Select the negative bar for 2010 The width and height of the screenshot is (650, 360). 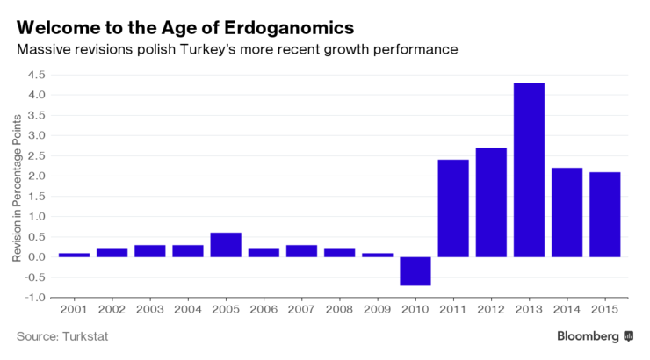click(x=415, y=270)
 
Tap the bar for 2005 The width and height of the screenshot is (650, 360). click(x=226, y=244)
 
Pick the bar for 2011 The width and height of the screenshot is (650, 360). click(x=453, y=208)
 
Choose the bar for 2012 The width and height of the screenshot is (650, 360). click(x=491, y=202)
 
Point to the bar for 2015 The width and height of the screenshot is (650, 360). click(x=605, y=214)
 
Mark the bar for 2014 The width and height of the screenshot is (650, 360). click(x=567, y=212)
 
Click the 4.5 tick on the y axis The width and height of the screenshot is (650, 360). click(x=36, y=75)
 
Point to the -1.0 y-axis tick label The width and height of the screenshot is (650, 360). click(x=34, y=297)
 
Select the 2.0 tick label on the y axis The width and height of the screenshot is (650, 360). click(x=36, y=176)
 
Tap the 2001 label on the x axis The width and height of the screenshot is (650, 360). click(x=74, y=310)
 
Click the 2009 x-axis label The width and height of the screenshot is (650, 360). click(x=378, y=310)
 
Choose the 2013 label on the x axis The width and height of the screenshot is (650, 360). click(x=529, y=310)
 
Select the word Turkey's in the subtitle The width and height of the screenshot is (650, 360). click(x=206, y=49)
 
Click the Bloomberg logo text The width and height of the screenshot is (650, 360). click(x=588, y=336)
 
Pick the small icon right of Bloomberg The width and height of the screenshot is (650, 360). click(x=628, y=336)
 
